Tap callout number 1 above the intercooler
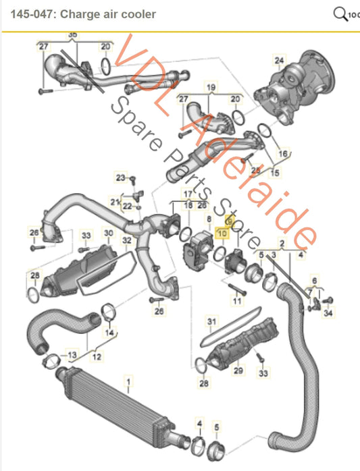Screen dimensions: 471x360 click(128, 383)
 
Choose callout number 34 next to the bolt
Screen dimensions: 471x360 click(328, 312)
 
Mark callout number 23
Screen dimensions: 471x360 click(120, 178)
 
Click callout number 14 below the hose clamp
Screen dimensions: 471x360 click(109, 332)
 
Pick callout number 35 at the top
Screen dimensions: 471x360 click(72, 34)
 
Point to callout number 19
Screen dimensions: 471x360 click(210, 88)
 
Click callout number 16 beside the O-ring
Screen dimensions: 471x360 click(283, 154)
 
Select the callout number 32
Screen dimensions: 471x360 click(126, 240)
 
